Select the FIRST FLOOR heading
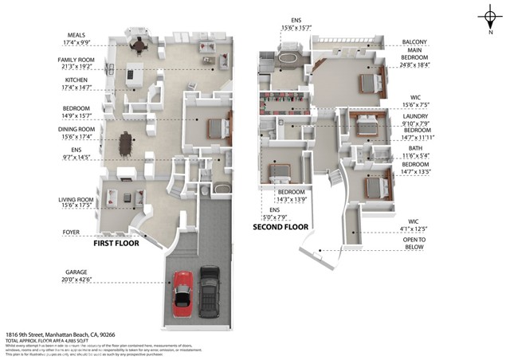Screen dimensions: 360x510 (x=116, y=244)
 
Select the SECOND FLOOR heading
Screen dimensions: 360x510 (x=280, y=226)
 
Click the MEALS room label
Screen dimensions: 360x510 (x=77, y=35)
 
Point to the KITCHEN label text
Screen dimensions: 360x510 (x=76, y=80)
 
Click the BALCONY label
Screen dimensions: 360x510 (x=414, y=42)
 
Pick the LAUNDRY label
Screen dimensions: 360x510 (x=414, y=115)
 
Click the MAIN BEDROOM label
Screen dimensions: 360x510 (x=414, y=62)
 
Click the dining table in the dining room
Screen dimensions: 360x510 (x=124, y=143)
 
